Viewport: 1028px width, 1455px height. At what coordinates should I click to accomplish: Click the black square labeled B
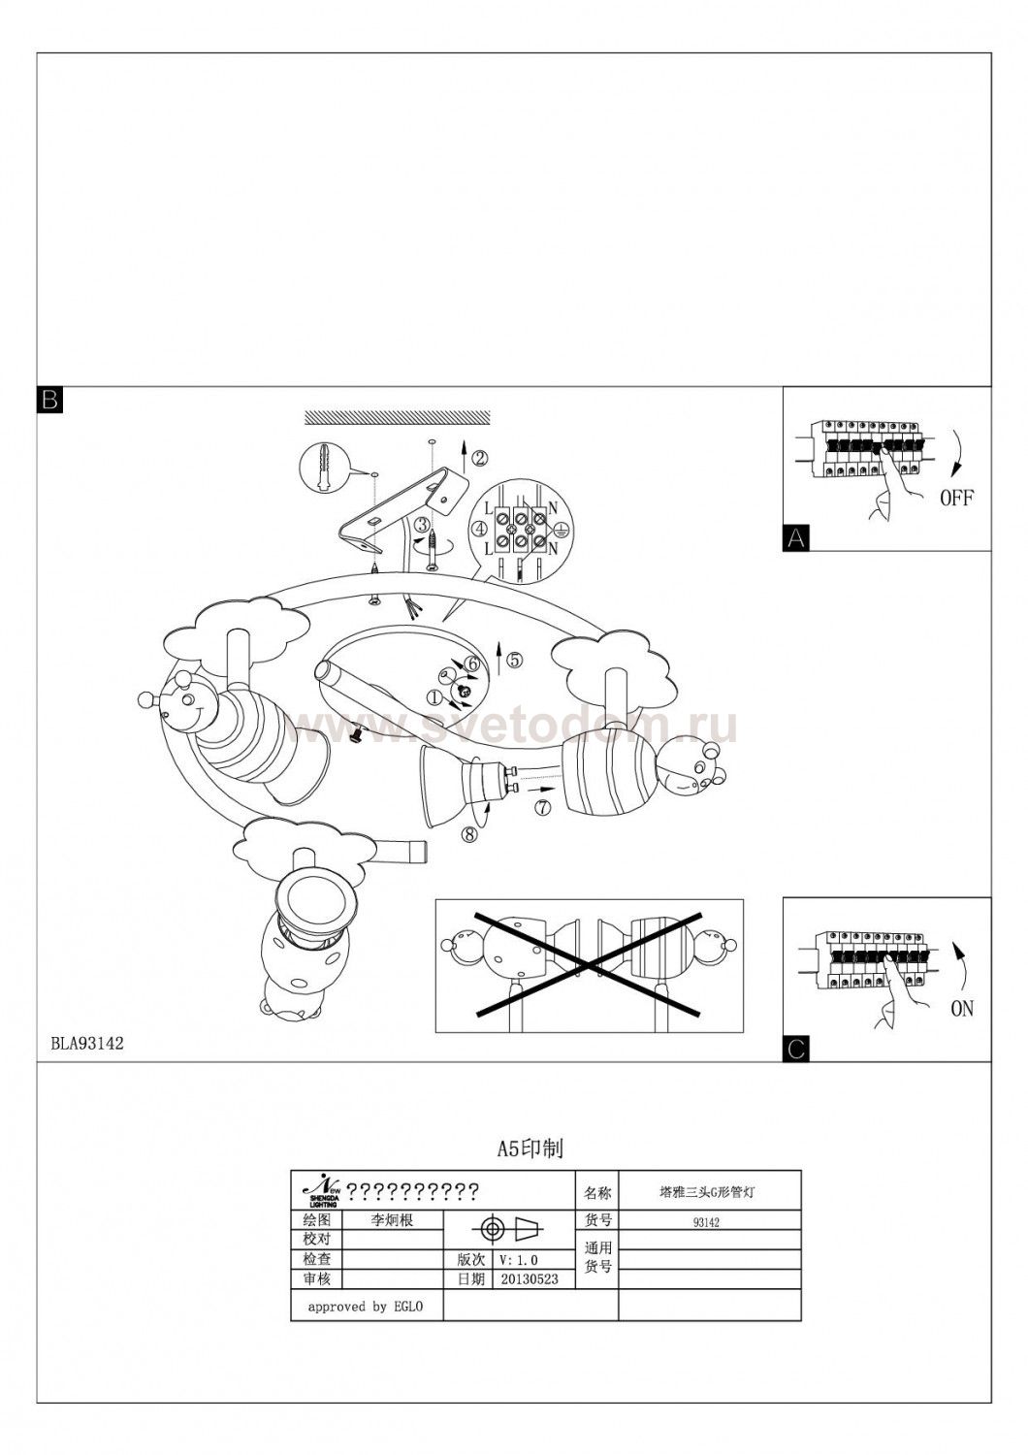pyautogui.click(x=49, y=400)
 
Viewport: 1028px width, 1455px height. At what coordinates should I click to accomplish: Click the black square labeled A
pyautogui.click(x=795, y=538)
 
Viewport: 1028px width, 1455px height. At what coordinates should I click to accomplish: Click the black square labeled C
pyautogui.click(x=795, y=1049)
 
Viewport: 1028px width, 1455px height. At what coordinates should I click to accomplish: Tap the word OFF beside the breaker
pyautogui.click(x=956, y=499)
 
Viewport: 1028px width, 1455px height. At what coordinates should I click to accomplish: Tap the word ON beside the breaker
pyautogui.click(x=961, y=1009)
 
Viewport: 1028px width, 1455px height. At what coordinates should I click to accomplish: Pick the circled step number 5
pyautogui.click(x=514, y=660)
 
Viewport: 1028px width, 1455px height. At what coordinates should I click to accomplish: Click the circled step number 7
pyautogui.click(x=542, y=806)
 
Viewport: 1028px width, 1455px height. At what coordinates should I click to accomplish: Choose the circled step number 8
pyautogui.click(x=469, y=834)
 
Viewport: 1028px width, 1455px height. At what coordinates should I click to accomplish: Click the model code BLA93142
pyautogui.click(x=87, y=1044)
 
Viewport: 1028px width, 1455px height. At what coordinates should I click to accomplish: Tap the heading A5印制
pyautogui.click(x=530, y=1149)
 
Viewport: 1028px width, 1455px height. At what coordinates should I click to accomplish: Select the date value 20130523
pyautogui.click(x=530, y=1279)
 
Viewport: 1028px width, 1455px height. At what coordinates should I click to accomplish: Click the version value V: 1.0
pyautogui.click(x=518, y=1260)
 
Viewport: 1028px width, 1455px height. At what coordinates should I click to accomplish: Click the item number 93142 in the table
pyautogui.click(x=706, y=1222)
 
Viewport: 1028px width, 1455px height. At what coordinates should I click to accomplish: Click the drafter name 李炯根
pyautogui.click(x=393, y=1220)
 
